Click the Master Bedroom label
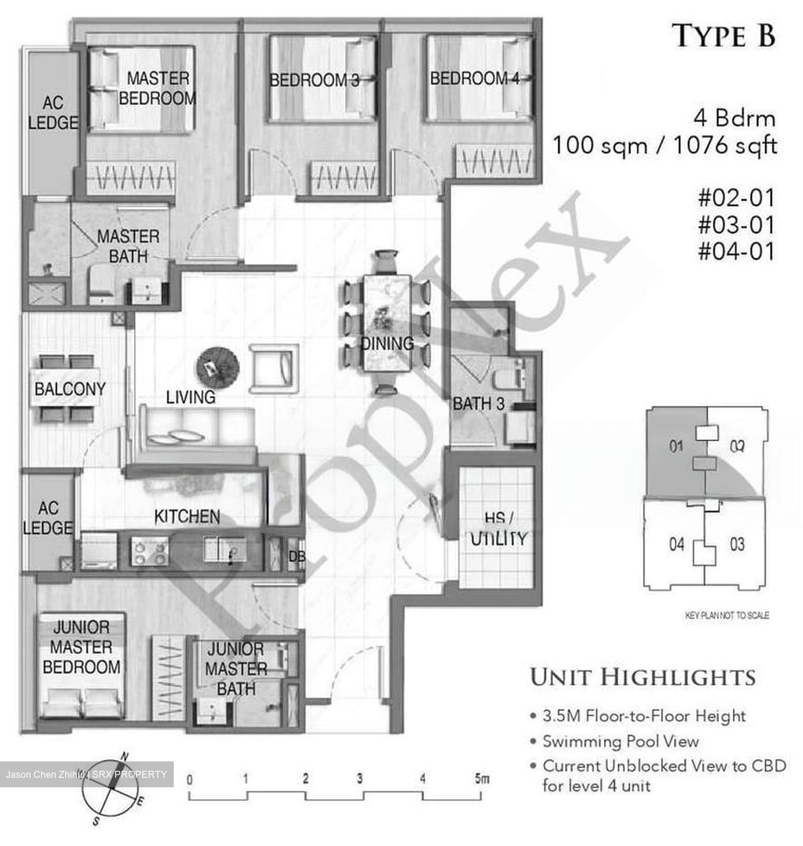[157, 88]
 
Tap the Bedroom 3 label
[314, 80]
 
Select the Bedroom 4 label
[474, 78]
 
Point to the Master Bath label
[128, 246]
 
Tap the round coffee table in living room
[217, 367]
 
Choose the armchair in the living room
[274, 368]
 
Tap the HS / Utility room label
[498, 529]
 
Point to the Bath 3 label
[478, 404]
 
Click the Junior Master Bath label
[236, 669]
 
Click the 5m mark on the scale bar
[481, 780]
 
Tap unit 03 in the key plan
[737, 544]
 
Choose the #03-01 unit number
[736, 224]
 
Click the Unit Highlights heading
[643, 677]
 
